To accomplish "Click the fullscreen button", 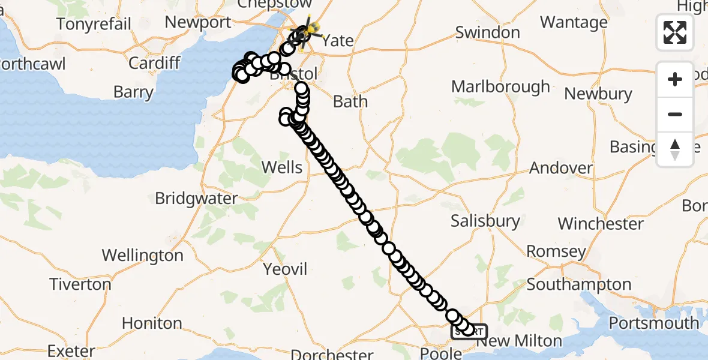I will click(675, 32).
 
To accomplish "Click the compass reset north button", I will click(675, 149).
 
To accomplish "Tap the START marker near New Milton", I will click(469, 331).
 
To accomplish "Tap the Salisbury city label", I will click(486, 221).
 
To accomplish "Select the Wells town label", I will click(282, 167).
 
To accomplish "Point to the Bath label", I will click(350, 101).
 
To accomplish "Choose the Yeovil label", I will click(286, 269).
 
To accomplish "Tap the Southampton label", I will click(578, 284).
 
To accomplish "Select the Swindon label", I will click(487, 32).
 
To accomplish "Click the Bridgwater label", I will click(196, 198).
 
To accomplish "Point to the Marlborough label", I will click(500, 87).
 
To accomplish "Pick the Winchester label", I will click(601, 224).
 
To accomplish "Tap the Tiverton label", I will click(80, 284).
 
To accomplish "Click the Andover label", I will click(561, 168).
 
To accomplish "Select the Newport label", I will click(197, 23).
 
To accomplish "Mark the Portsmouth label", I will click(654, 323).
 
